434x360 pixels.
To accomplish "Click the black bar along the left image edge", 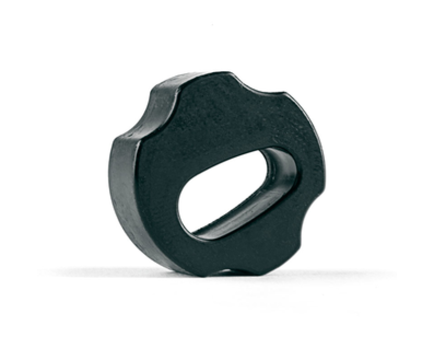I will (x=18, y=180).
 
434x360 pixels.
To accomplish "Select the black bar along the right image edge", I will (x=416, y=180).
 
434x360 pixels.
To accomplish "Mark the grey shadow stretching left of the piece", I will (x=81, y=271).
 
